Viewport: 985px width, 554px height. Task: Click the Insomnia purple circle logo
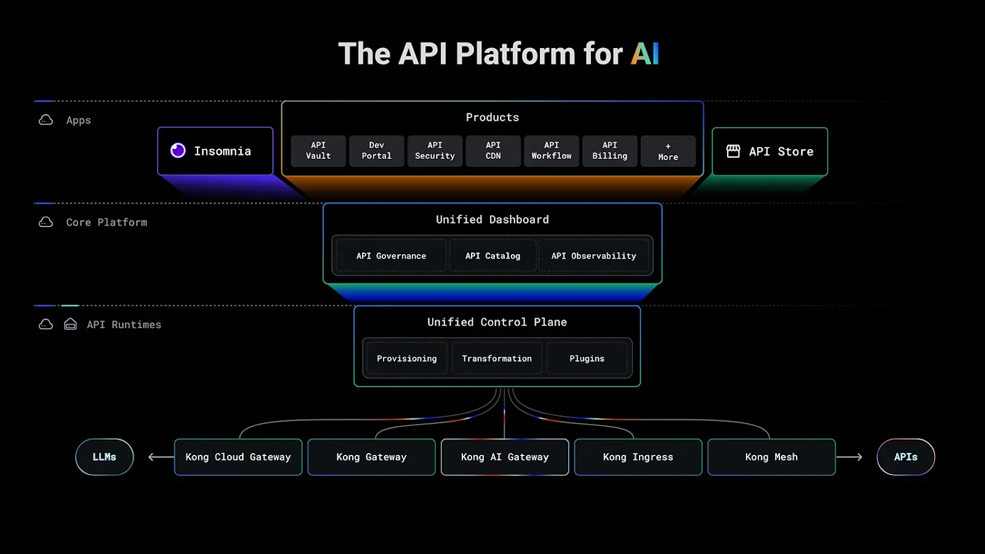[x=178, y=151]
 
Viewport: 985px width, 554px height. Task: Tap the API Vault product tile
[x=318, y=151]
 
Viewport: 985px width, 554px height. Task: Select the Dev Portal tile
[x=376, y=151]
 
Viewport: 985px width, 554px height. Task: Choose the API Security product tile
[x=435, y=151]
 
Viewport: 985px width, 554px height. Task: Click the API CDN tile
[x=493, y=151]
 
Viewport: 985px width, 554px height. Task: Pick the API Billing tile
[x=609, y=151]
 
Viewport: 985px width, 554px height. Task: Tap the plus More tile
[x=668, y=151]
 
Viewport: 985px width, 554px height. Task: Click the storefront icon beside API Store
[x=733, y=151]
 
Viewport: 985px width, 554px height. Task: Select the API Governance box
[x=391, y=256]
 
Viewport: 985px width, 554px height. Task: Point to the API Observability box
[x=593, y=256]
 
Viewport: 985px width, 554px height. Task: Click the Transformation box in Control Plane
[x=497, y=359]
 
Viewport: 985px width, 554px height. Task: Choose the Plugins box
[x=587, y=359]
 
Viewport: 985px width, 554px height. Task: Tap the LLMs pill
[x=105, y=457]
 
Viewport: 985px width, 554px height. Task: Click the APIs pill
[x=906, y=457]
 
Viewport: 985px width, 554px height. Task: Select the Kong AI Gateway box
[x=505, y=457]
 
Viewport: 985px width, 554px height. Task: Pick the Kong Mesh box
[x=771, y=457]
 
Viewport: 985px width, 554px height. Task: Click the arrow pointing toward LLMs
[x=161, y=457]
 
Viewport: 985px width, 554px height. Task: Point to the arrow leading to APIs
[x=850, y=457]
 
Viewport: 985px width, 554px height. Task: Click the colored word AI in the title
[x=645, y=54]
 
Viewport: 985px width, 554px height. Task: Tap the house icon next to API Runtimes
[x=70, y=324]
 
